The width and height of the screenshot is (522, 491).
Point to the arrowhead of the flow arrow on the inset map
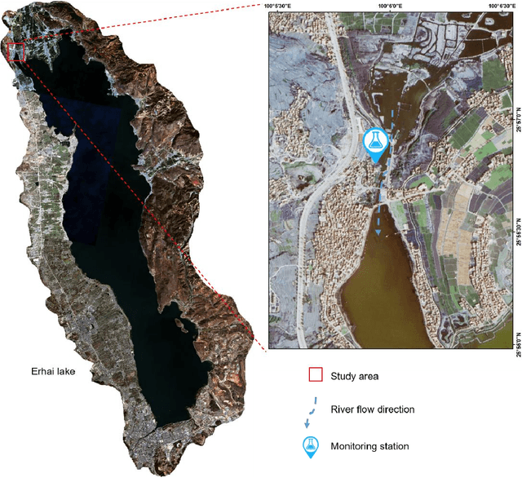pos(378,232)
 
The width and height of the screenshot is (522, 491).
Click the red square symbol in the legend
pos(315,376)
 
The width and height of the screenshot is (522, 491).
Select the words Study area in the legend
pos(355,376)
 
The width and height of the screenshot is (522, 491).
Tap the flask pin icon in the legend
pos(311,446)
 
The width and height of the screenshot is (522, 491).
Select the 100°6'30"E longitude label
pos(504,5)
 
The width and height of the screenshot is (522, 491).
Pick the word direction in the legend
pos(395,409)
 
